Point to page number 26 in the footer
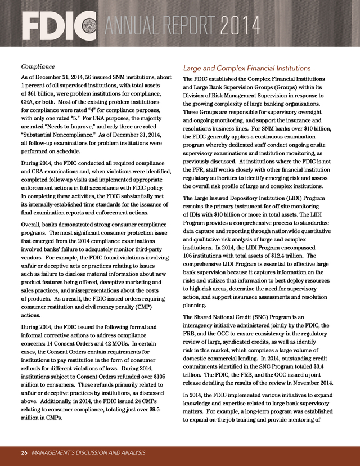point(24,452)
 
